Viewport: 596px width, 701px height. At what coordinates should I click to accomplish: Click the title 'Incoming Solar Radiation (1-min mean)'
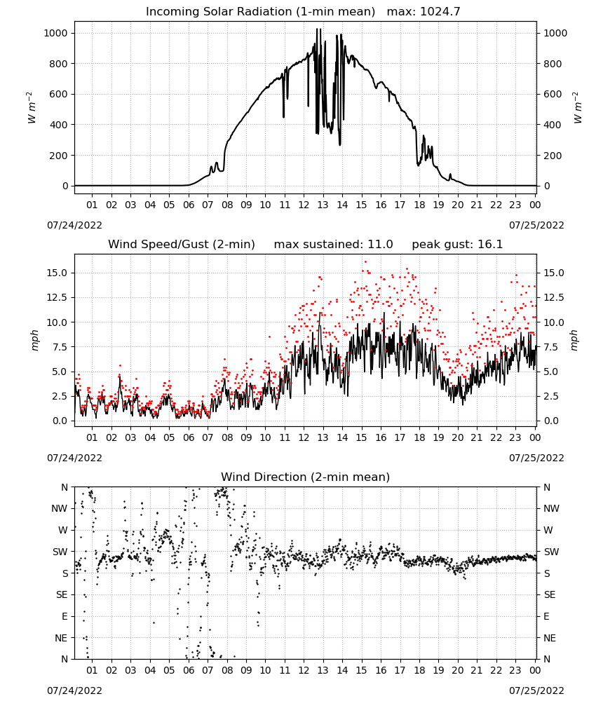tap(260, 12)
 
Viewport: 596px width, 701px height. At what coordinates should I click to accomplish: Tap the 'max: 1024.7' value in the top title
tap(424, 12)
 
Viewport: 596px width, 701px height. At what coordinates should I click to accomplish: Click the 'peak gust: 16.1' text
tap(457, 245)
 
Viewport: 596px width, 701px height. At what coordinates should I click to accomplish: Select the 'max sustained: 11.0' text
tap(334, 245)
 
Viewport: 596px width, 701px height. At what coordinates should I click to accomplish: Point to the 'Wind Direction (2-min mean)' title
tap(306, 477)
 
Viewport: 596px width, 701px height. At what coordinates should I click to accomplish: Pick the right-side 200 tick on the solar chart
tap(553, 156)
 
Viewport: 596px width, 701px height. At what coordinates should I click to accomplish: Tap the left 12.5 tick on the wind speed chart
tap(57, 298)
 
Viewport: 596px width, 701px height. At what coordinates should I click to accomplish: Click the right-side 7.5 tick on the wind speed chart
tap(551, 347)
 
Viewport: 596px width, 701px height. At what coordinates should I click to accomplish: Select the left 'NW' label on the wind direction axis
tap(60, 509)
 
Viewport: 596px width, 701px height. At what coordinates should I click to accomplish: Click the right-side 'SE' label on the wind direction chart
tap(550, 595)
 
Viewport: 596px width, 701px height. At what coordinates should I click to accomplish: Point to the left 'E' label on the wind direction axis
tap(65, 616)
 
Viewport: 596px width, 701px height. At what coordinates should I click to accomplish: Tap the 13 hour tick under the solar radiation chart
tap(323, 205)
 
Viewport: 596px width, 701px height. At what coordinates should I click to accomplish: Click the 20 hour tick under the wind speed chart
tap(457, 437)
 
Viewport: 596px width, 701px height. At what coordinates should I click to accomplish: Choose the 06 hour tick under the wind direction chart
tap(189, 670)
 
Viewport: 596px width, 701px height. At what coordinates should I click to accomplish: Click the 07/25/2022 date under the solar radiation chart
tap(536, 225)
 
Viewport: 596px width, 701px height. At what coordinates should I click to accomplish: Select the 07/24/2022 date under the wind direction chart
tap(74, 690)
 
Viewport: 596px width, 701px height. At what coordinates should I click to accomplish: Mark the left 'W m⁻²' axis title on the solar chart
tap(31, 108)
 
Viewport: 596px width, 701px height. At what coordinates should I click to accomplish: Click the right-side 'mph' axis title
tap(574, 340)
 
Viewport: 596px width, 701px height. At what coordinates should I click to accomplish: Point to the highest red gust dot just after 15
tap(365, 262)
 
